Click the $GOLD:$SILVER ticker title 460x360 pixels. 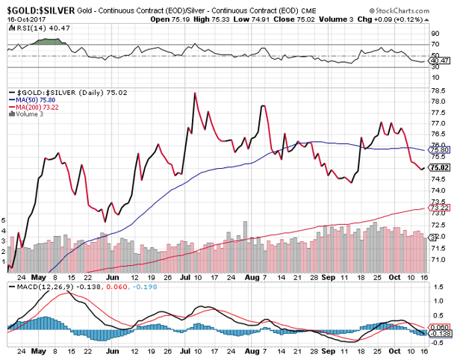pos(35,5)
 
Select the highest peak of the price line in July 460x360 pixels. pos(195,93)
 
